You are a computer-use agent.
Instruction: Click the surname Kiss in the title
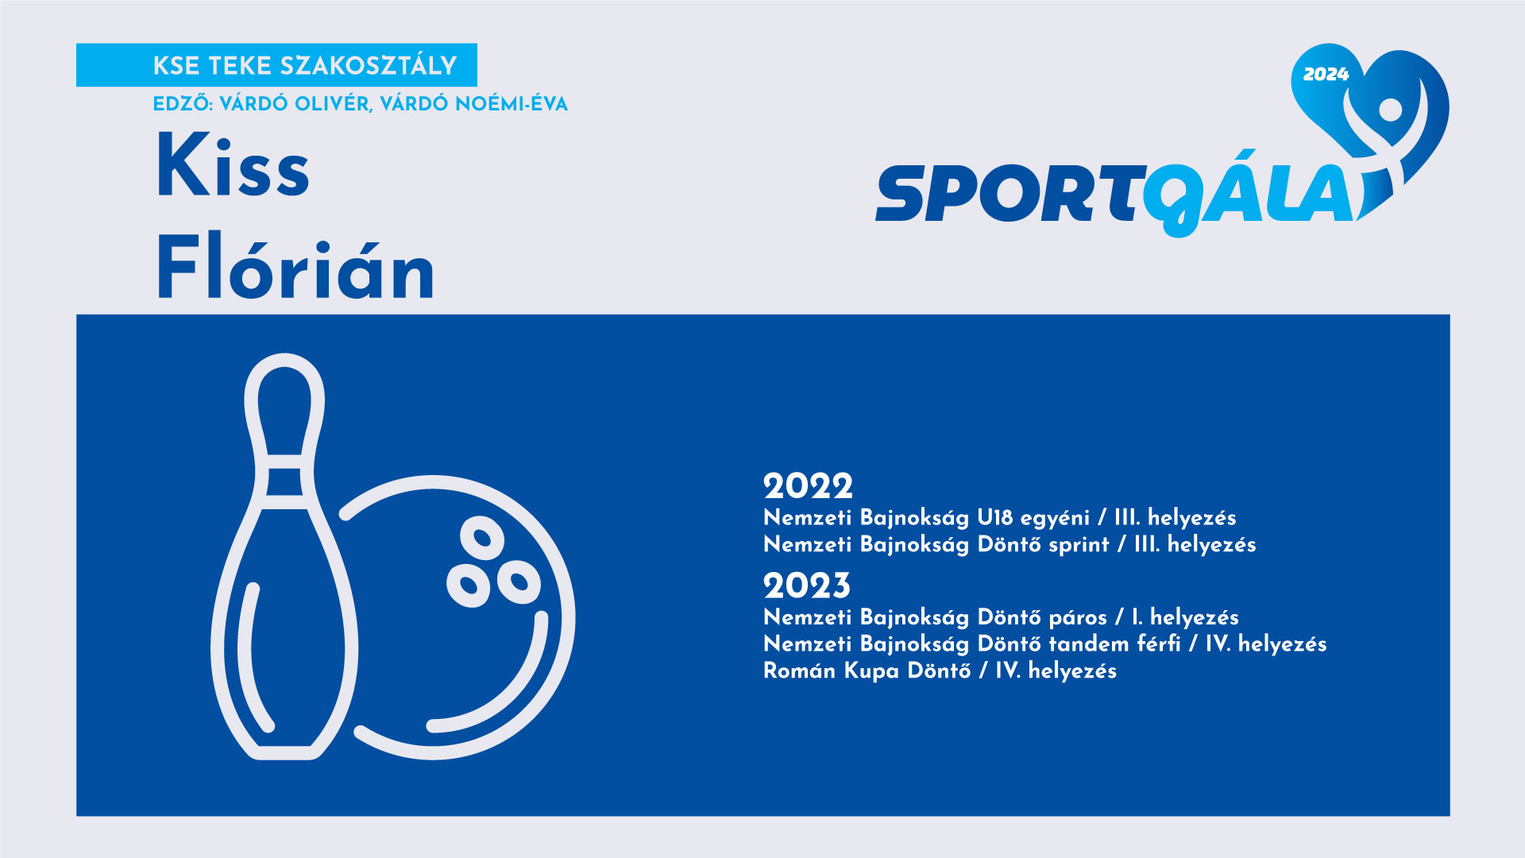pos(233,165)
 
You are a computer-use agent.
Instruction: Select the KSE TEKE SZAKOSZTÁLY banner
pos(276,65)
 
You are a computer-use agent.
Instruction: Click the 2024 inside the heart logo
pos(1326,75)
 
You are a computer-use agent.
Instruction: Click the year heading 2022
pos(808,486)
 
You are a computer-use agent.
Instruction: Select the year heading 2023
pos(807,586)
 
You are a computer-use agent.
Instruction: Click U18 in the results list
pos(995,518)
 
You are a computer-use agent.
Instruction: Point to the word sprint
pos(1079,546)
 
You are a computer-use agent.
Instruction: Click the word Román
pos(800,671)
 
